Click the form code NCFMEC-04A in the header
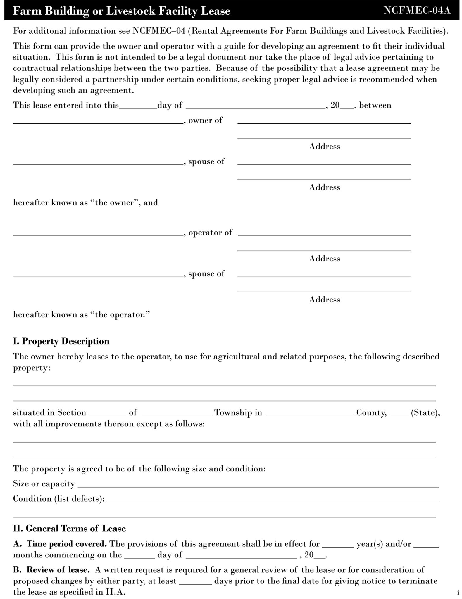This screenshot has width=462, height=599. (417, 11)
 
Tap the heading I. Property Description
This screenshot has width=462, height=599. (61, 341)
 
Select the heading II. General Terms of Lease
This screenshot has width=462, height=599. (69, 529)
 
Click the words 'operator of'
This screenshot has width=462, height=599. (210, 233)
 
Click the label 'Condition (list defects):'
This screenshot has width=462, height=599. (59, 499)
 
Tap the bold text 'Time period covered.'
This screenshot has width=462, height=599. (67, 544)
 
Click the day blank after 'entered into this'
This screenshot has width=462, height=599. (138, 107)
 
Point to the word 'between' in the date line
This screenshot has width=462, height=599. (375, 105)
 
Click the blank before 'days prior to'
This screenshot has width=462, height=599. (195, 582)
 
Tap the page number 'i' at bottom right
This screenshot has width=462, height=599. (458, 593)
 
